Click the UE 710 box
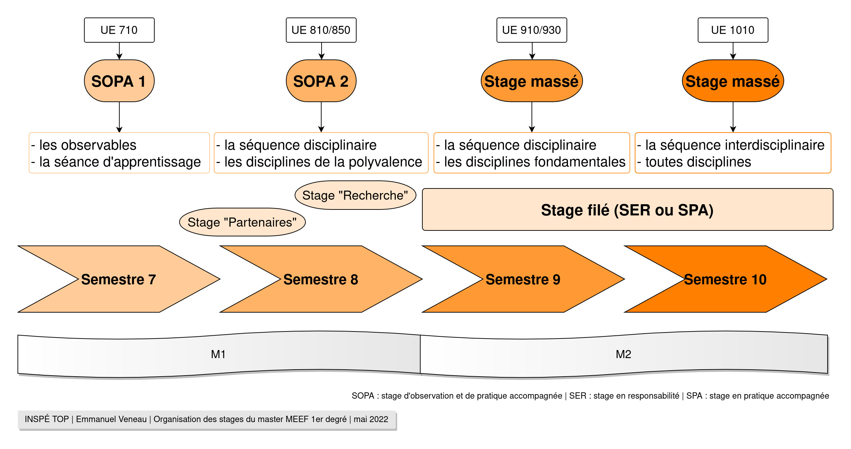[119, 30]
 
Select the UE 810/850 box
[321, 30]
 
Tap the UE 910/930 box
[532, 30]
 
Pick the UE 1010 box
[733, 30]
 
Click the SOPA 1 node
[119, 81]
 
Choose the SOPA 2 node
[321, 81]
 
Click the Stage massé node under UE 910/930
[532, 81]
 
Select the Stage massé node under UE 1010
[733, 81]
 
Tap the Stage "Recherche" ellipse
[355, 195]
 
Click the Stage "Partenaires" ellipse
[242, 222]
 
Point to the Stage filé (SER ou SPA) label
[627, 210]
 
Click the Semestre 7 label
[118, 279]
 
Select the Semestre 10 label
[725, 279]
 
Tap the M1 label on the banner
[218, 354]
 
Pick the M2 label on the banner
[623, 354]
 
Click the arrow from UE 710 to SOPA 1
[119, 51]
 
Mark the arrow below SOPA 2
[321, 117]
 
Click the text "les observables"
[87, 145]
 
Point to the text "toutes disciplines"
[698, 162]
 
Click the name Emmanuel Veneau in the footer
[111, 419]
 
